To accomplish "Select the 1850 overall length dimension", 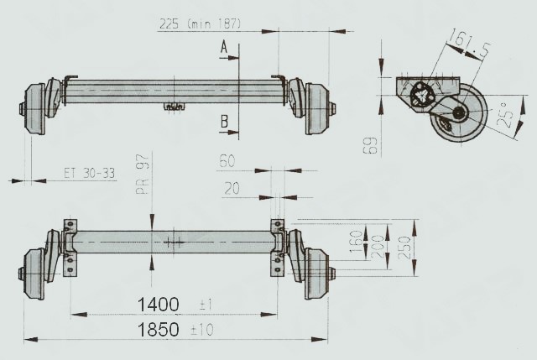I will (159, 329).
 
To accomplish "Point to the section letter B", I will (224, 123).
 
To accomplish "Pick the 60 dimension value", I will (227, 161).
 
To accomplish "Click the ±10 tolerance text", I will (201, 330).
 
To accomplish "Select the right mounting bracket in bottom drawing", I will (277, 248).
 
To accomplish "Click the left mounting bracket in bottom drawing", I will (70, 248).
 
